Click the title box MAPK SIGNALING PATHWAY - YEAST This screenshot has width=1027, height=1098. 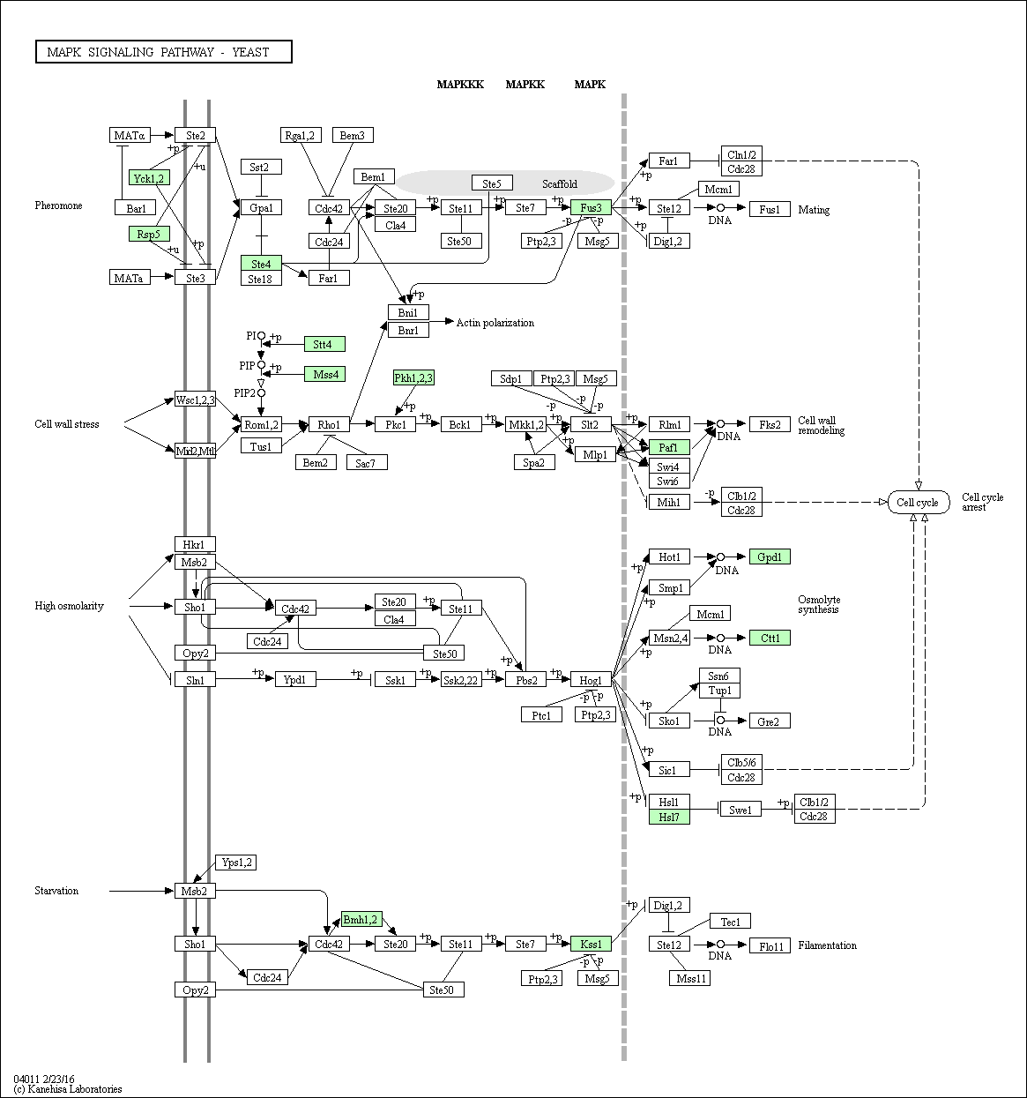(x=164, y=52)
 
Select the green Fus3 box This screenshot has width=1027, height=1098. (x=591, y=207)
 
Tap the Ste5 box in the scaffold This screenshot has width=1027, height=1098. (x=492, y=183)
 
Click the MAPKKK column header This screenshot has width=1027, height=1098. (x=460, y=85)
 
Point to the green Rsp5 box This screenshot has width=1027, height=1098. (x=149, y=234)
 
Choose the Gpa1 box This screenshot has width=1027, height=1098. (x=262, y=207)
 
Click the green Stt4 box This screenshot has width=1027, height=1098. (x=324, y=344)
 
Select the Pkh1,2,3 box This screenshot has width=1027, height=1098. (x=413, y=377)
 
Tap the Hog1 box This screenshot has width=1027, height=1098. (x=591, y=679)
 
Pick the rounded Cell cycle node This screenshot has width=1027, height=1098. (x=918, y=502)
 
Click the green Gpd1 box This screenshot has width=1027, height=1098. (x=770, y=556)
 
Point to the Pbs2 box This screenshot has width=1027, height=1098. (x=525, y=679)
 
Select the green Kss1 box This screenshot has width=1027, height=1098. (x=591, y=944)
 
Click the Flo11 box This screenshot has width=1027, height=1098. (x=770, y=946)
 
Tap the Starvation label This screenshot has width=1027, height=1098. (x=56, y=890)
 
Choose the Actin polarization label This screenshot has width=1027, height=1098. (x=495, y=322)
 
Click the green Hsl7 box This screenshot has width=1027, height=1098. (x=669, y=817)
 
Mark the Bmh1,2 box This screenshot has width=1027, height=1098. (x=361, y=920)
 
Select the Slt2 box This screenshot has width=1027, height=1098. (x=591, y=424)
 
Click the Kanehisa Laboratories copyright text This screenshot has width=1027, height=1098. (x=68, y=1088)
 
